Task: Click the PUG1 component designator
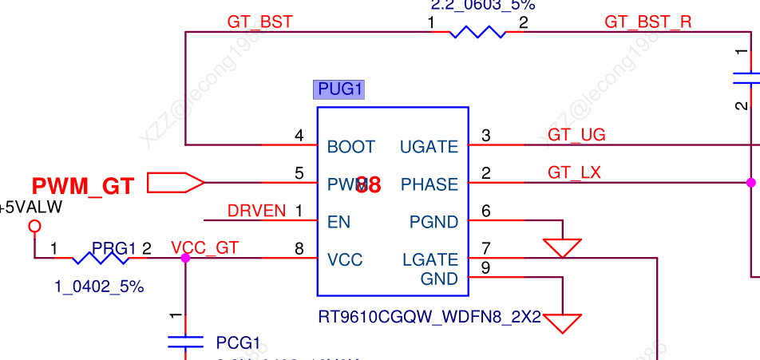[x=341, y=89]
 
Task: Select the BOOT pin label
[x=350, y=147]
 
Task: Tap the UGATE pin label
[x=429, y=147]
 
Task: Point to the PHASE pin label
[x=429, y=185]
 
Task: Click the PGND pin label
[x=433, y=222]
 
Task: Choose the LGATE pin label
[x=431, y=259]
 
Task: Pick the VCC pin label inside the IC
[x=345, y=260]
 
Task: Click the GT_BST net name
[x=259, y=22]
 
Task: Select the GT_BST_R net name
[x=648, y=22]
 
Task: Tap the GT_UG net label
[x=576, y=135]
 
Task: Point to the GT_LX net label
[x=574, y=172]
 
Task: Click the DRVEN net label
[x=256, y=211]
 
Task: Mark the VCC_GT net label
[x=204, y=247]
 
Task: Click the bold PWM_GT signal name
[x=83, y=187]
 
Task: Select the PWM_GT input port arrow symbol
[x=176, y=183]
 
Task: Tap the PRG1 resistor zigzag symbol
[x=101, y=259]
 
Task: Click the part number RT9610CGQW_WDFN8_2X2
[x=429, y=318]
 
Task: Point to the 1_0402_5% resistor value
[x=99, y=287]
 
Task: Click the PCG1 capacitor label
[x=238, y=343]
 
